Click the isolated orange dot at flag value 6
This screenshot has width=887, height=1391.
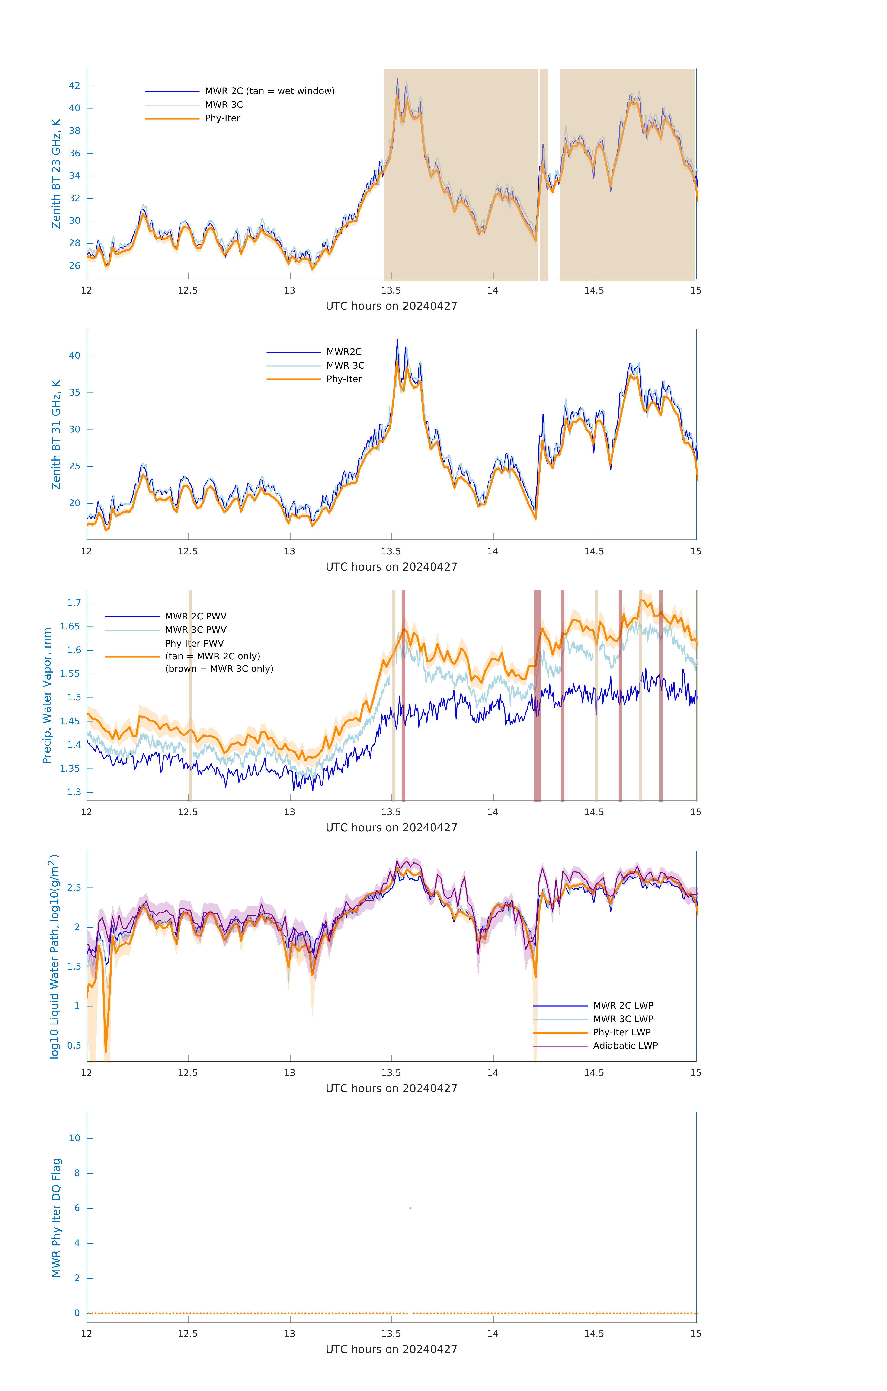pyautogui.click(x=410, y=1208)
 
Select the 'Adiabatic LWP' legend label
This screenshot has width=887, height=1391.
pyautogui.click(x=625, y=1046)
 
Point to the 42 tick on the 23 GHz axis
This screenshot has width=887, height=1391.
pyautogui.click(x=74, y=86)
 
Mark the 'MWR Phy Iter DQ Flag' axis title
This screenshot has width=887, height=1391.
pyautogui.click(x=56, y=1218)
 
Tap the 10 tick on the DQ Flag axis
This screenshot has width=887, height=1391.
pyautogui.click(x=74, y=1138)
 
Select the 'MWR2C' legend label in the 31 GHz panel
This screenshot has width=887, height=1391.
pyautogui.click(x=344, y=352)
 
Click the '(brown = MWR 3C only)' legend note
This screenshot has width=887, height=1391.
pyautogui.click(x=219, y=669)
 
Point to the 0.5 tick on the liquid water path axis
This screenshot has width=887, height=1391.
pyautogui.click(x=74, y=1046)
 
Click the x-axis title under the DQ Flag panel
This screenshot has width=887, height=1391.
pyautogui.click(x=391, y=1350)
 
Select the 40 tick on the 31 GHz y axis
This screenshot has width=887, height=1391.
pyautogui.click(x=74, y=356)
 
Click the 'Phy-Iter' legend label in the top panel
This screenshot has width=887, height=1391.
pyautogui.click(x=222, y=118)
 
